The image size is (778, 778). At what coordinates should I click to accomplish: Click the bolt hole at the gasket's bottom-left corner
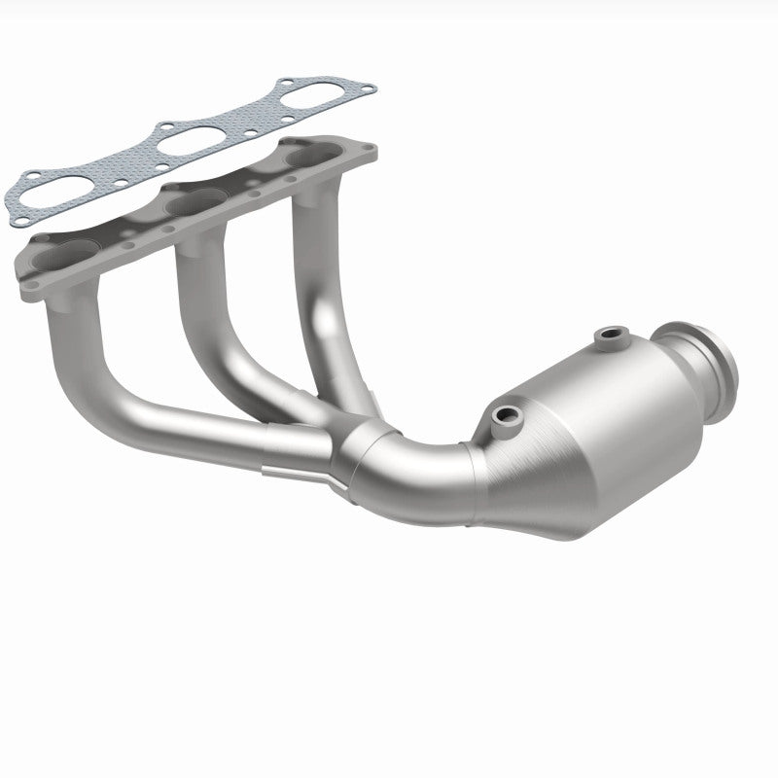pyautogui.click(x=20, y=222)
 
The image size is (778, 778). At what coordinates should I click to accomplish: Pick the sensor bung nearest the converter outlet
pyautogui.click(x=611, y=336)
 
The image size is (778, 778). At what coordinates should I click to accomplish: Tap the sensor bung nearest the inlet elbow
pyautogui.click(x=506, y=416)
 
